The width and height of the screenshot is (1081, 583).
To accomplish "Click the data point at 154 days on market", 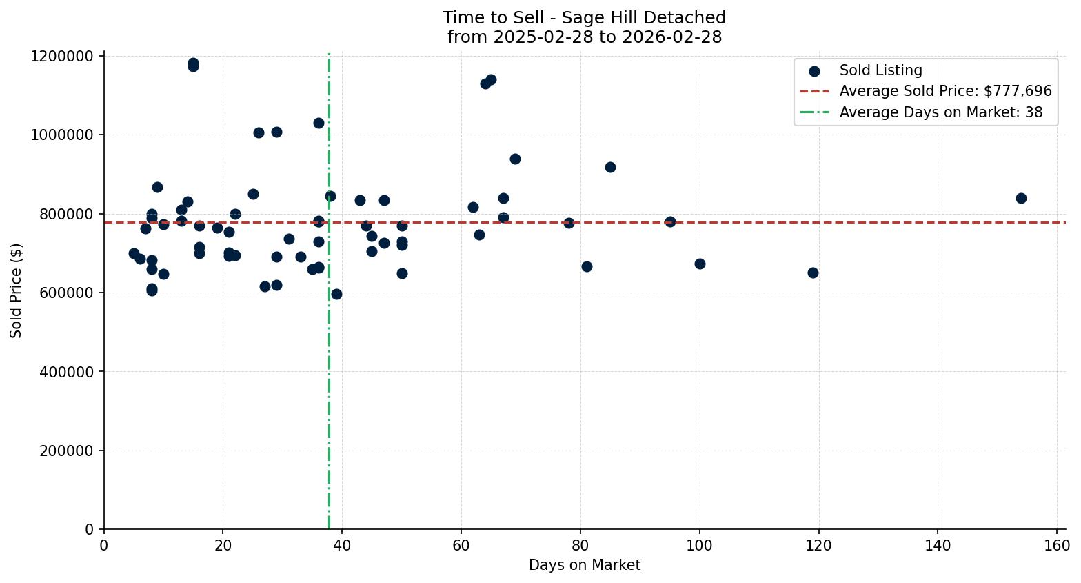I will (1021, 198).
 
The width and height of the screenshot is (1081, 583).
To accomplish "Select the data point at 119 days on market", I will (813, 273).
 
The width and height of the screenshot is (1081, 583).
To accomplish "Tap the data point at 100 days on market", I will (700, 264).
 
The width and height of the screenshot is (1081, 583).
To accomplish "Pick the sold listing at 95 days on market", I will (670, 221).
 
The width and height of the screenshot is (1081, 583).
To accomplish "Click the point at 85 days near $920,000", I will (610, 167).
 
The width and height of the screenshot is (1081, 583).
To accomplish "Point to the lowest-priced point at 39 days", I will (336, 294).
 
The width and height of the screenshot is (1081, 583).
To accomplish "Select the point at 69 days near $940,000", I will (515, 159).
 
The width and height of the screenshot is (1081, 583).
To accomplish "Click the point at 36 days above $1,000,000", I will (319, 123).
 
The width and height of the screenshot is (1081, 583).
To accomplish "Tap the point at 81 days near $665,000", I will (587, 266).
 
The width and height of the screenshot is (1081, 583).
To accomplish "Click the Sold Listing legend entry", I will (880, 70).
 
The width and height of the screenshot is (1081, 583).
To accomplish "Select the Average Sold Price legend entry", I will (945, 91).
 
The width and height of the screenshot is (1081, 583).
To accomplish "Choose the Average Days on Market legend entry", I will (940, 112).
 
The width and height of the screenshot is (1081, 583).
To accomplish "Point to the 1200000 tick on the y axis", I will (62, 56).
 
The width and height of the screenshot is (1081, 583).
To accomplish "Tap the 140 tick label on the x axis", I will (938, 546).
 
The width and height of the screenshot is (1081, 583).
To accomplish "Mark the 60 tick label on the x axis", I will (461, 546).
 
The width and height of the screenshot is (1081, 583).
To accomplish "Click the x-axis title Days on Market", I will (584, 565).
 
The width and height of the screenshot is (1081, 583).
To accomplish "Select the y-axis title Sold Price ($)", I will (17, 290).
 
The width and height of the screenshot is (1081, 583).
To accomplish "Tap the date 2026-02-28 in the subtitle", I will (672, 37).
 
